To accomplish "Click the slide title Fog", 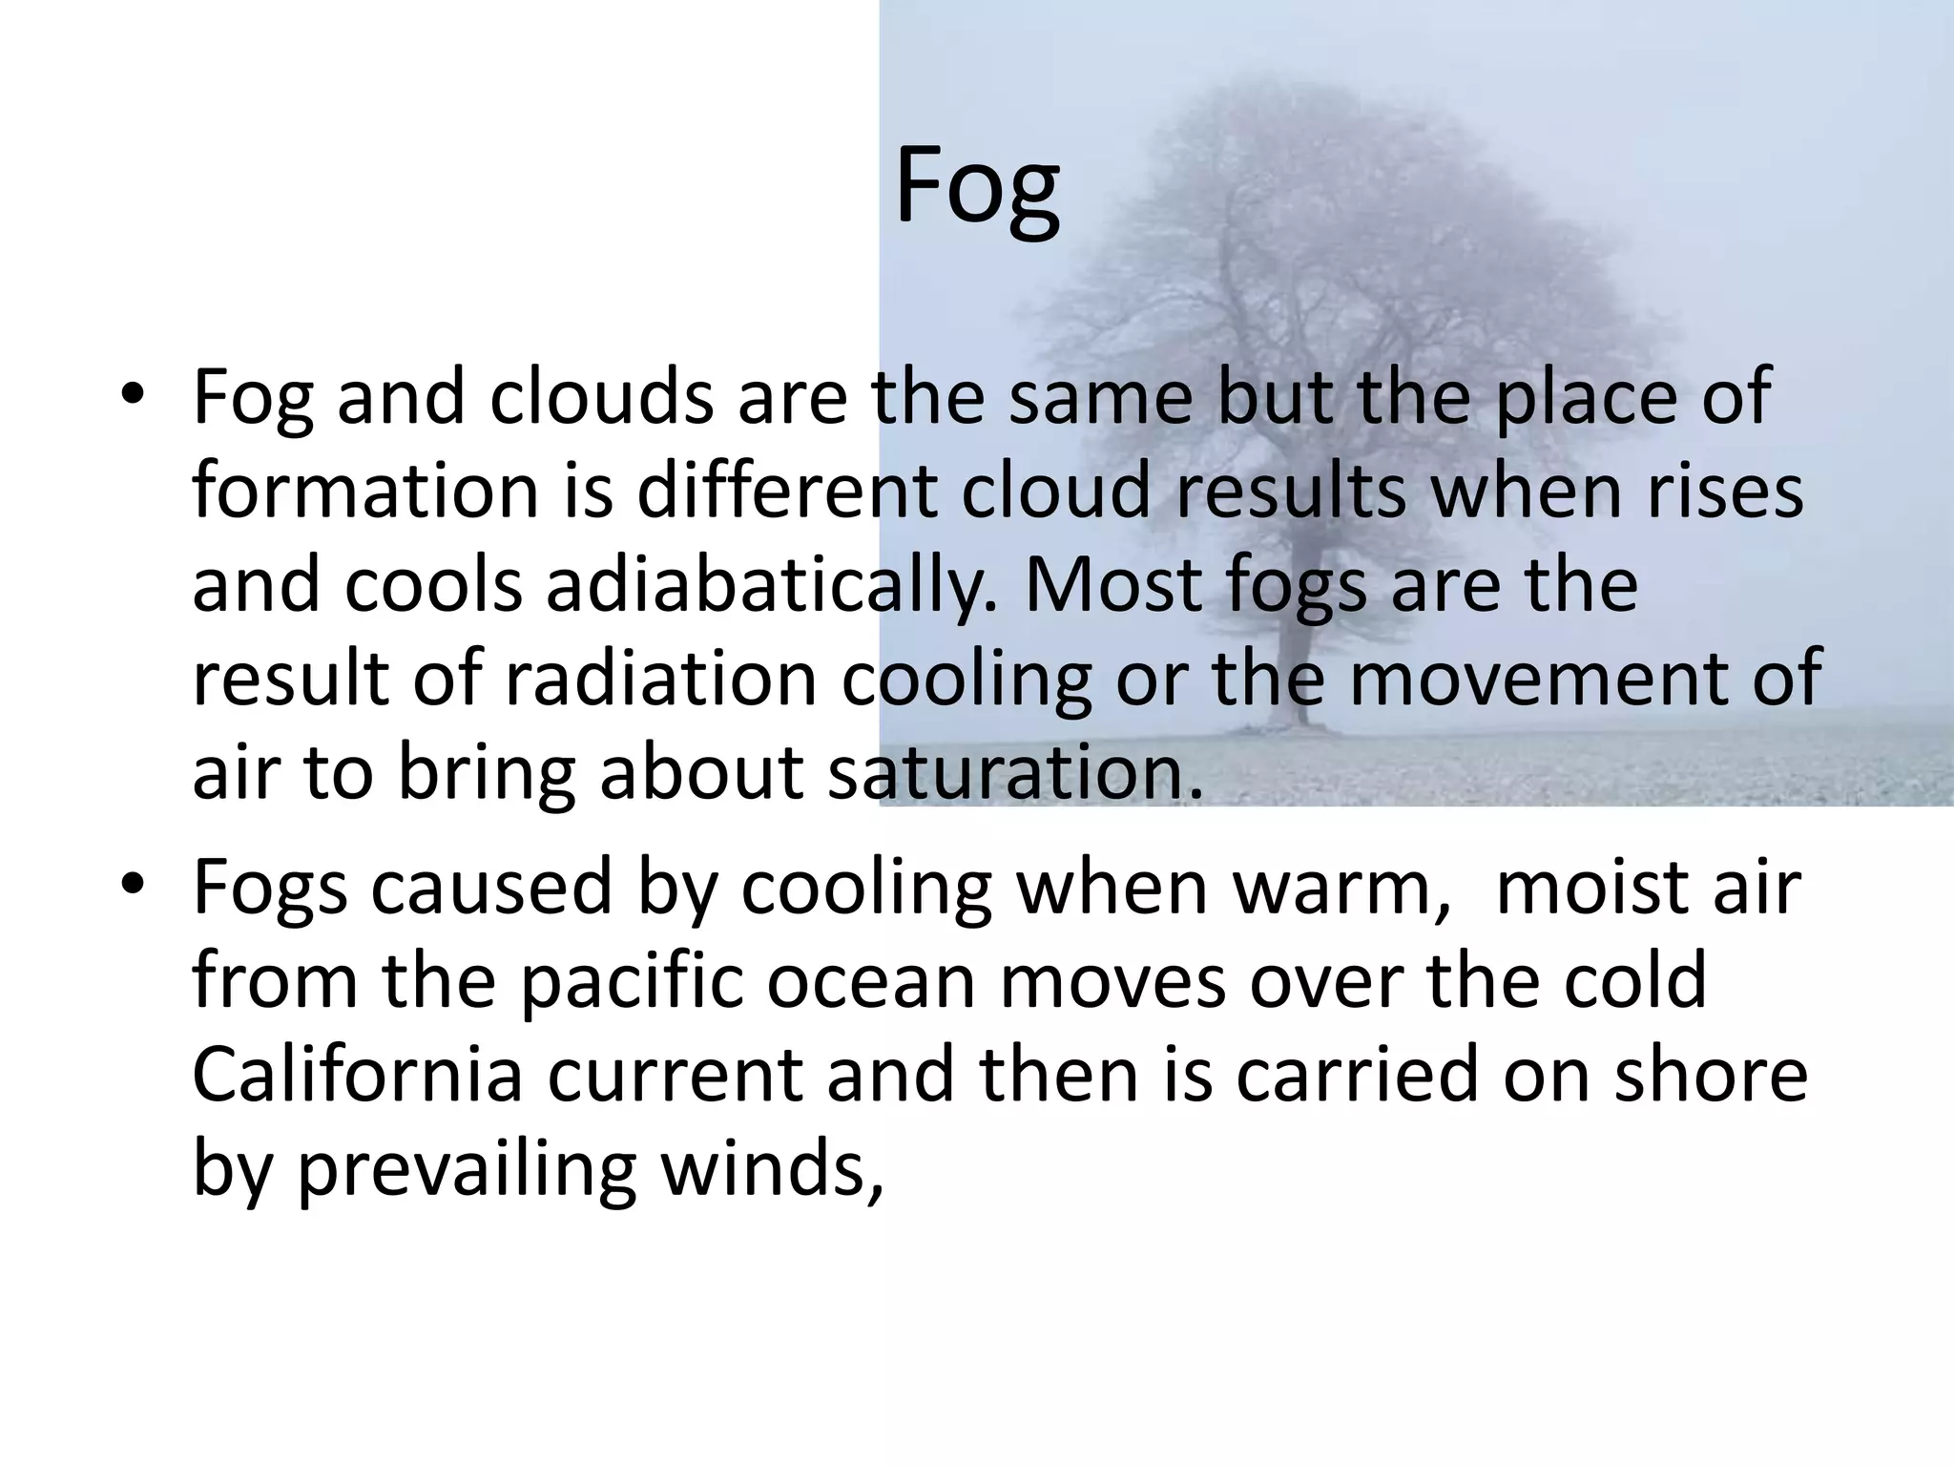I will click(x=977, y=189).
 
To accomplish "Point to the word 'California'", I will click(x=358, y=1074).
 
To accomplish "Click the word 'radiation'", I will click(x=660, y=678).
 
